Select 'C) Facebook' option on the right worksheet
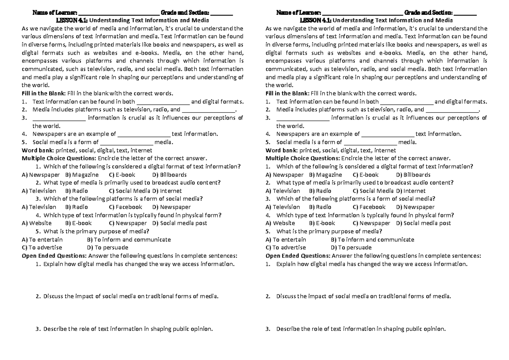369,207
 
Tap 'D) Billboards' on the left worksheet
169,175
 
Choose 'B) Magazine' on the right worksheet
325,175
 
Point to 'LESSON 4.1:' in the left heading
72,20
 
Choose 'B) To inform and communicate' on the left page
129,240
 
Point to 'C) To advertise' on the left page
42,248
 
